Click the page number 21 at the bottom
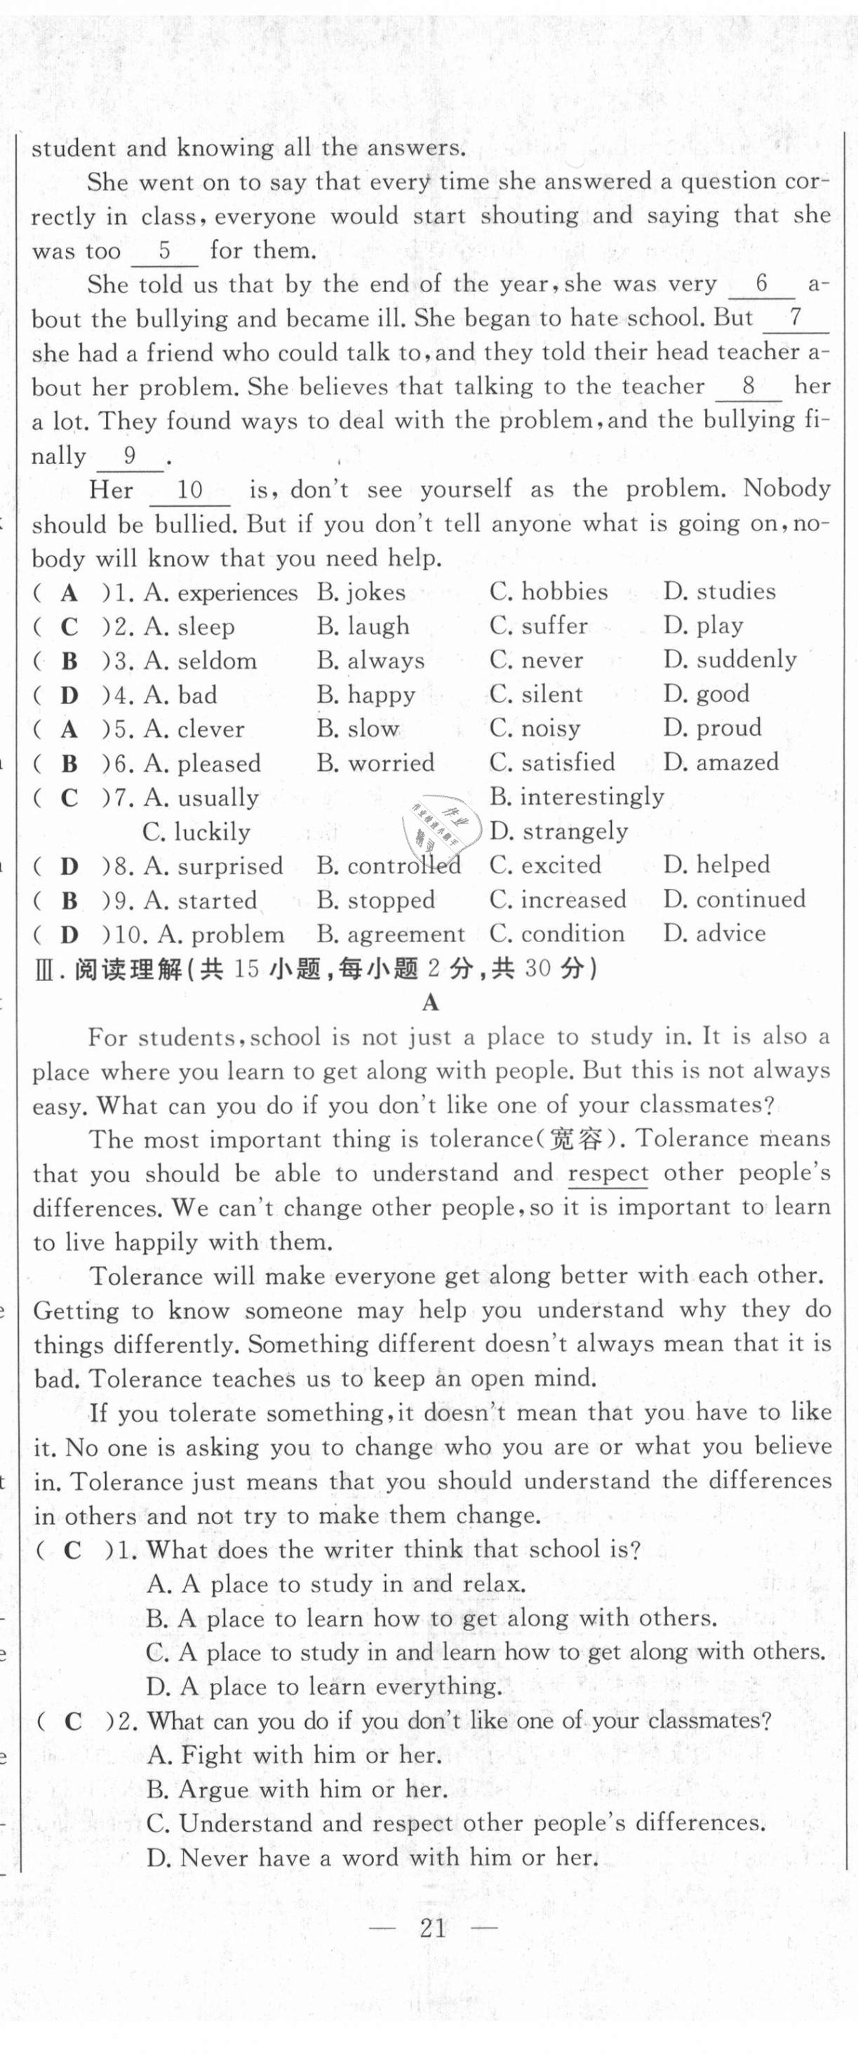[431, 1928]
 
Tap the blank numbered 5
[165, 251]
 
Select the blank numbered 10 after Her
[190, 490]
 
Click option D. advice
[714, 933]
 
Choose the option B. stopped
[375, 900]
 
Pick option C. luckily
[196, 832]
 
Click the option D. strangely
[559, 831]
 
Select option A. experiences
[221, 593]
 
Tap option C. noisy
[535, 728]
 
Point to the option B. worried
[375, 762]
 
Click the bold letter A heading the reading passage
[431, 1002]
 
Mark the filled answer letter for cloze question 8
[69, 866]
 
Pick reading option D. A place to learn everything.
[323, 1686]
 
